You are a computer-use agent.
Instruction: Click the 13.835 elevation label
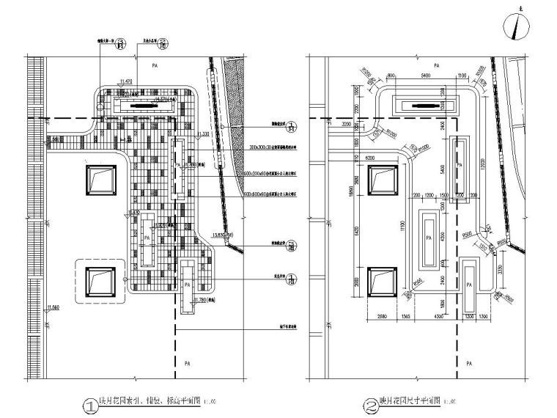tap(223, 235)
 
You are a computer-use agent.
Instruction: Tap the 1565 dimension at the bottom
tap(405, 316)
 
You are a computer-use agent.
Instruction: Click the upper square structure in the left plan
tap(101, 180)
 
